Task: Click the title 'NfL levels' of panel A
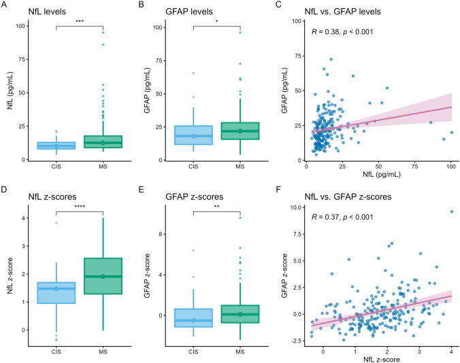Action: point(47,12)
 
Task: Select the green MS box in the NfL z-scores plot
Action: point(103,276)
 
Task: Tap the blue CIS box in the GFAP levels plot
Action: point(193,135)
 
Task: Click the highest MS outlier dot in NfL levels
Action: point(103,33)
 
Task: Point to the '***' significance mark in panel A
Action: point(80,22)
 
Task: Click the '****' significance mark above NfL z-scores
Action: point(80,207)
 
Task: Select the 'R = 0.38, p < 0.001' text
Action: point(342,32)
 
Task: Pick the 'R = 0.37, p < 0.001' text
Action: point(342,217)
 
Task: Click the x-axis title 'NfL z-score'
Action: point(381,359)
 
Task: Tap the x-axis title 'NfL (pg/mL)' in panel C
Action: point(381,175)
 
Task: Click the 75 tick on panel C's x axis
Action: point(414,167)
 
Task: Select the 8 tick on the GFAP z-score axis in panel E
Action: point(160,234)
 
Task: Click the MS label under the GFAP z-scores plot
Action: point(240,351)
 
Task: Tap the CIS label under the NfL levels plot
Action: point(56,167)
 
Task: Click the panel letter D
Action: point(4,189)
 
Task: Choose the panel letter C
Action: point(279,5)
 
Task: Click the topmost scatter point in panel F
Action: point(452,211)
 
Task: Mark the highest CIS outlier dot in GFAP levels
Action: point(193,73)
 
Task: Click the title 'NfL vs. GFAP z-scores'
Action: point(348,197)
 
